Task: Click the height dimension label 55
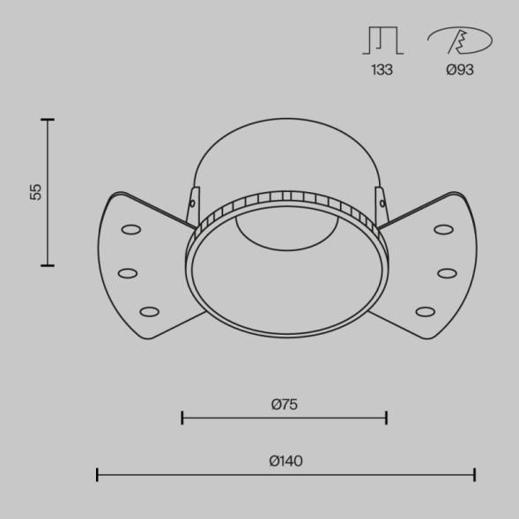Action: click(35, 192)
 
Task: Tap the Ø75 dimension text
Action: click(284, 404)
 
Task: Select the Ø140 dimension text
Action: click(286, 461)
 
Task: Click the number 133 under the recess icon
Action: click(382, 70)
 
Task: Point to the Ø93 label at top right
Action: click(459, 70)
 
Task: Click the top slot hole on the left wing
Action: click(131, 230)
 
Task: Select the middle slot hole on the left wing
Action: click(128, 272)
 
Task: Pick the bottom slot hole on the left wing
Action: click(149, 311)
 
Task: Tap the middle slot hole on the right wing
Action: click(447, 272)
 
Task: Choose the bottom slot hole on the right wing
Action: click(426, 311)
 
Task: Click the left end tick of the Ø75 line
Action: click(182, 418)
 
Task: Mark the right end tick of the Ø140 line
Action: click(474, 475)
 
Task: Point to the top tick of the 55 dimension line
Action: click(48, 119)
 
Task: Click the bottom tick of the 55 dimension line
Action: click(48, 264)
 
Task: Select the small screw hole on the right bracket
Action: click(382, 204)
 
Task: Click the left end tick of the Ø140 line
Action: click(97, 475)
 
